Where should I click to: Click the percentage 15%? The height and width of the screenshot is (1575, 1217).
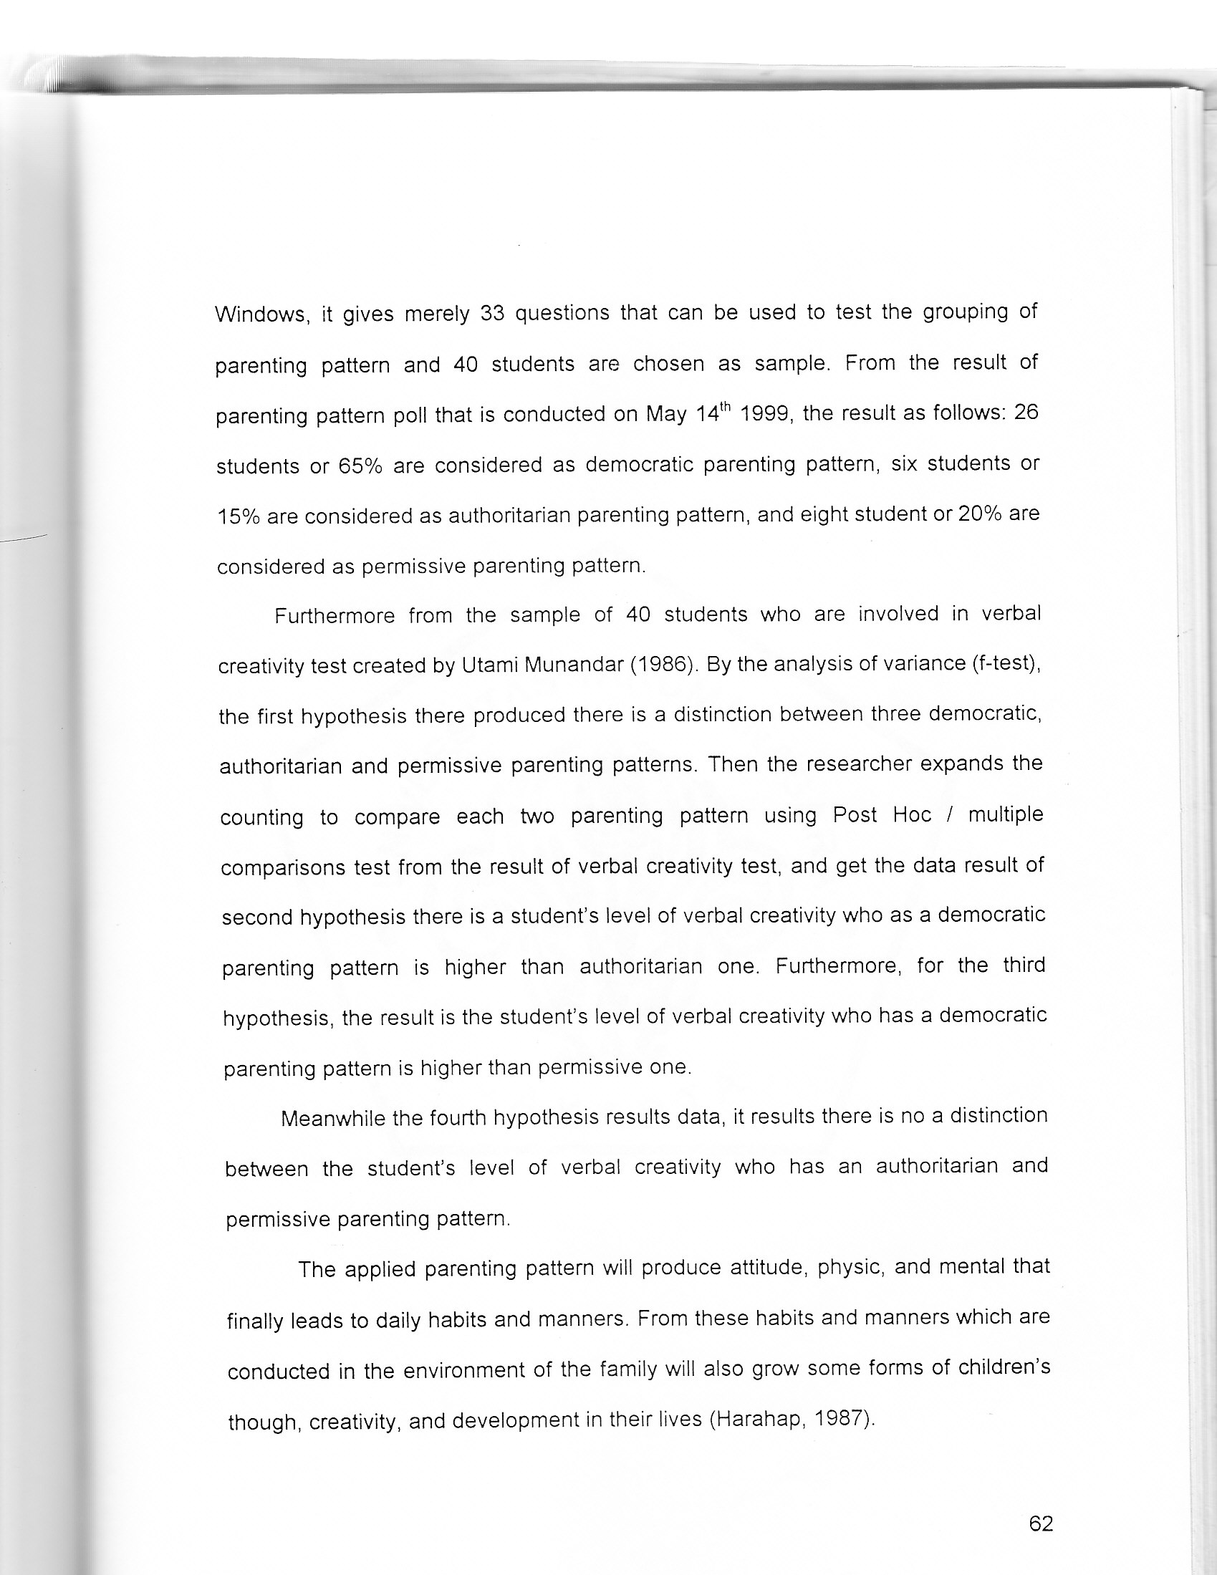tap(238, 517)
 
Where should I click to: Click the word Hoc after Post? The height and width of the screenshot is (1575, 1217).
tap(912, 815)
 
